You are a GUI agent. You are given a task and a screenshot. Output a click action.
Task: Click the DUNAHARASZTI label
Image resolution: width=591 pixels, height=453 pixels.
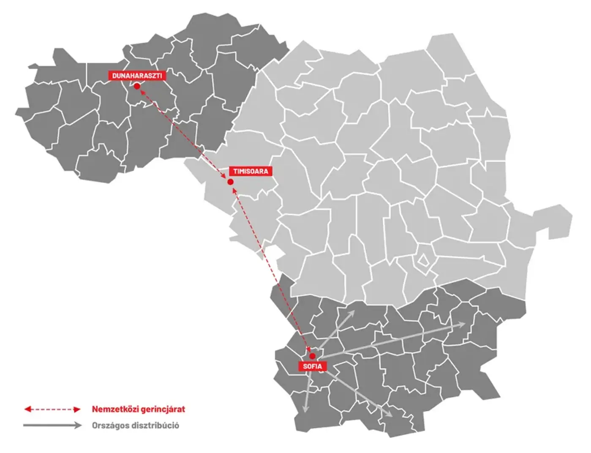[x=137, y=76]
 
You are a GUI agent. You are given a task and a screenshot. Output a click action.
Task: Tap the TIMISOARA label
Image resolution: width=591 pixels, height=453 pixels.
[x=251, y=171]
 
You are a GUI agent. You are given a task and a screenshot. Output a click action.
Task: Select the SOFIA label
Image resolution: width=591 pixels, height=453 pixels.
[x=312, y=366]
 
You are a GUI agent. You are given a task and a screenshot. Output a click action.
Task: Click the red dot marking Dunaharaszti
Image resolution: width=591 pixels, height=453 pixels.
[x=137, y=86]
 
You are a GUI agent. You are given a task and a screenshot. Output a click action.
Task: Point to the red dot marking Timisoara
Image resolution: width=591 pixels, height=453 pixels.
[x=230, y=182]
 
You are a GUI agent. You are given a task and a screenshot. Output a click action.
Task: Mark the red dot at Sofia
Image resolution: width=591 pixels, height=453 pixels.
[x=312, y=356]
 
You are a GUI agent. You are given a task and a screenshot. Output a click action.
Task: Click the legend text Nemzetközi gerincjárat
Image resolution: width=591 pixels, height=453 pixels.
[x=138, y=409]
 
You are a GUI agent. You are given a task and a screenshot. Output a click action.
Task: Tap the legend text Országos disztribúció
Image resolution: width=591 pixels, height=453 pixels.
[x=135, y=426]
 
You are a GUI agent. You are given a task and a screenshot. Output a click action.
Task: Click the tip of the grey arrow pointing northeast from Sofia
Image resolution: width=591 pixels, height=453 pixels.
[x=354, y=312]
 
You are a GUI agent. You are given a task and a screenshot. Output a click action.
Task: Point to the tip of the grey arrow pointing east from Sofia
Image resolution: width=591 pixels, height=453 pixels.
[x=466, y=324]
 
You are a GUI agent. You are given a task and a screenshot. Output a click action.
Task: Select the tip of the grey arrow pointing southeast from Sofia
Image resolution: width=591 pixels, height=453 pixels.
[x=392, y=417]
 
